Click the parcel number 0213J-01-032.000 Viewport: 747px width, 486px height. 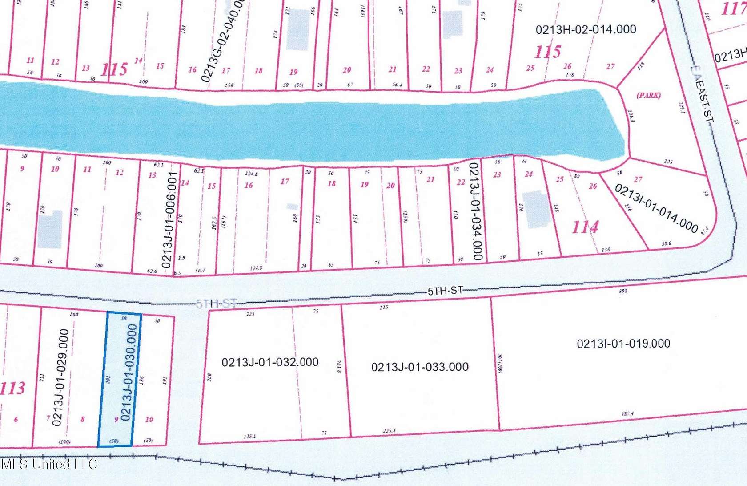tap(270, 362)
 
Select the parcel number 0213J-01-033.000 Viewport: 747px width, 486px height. tap(420, 367)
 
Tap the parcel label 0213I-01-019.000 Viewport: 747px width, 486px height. tap(623, 343)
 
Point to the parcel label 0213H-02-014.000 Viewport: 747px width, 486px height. tap(586, 29)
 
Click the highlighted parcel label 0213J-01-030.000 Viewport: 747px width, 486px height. tap(129, 373)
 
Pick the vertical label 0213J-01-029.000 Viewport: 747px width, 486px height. tap(60, 377)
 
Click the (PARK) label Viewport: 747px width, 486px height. tap(649, 95)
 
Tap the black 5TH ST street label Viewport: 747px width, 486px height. tap(445, 291)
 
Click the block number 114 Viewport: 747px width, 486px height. tap(585, 227)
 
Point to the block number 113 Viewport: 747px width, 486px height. tap(12, 388)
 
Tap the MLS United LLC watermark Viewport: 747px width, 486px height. tap(49, 464)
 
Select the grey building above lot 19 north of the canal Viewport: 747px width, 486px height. tap(298, 29)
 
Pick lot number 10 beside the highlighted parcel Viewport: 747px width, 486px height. tap(149, 419)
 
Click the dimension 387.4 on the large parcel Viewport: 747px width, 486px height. tap(627, 414)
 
